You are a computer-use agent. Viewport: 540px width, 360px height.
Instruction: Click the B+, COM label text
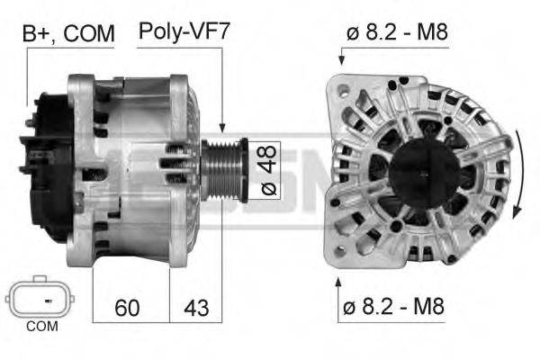(x=68, y=33)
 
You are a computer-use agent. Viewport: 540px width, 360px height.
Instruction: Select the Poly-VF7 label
(x=184, y=33)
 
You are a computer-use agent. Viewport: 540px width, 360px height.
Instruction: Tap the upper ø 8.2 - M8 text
(x=396, y=33)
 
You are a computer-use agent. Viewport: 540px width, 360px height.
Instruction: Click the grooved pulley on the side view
(x=221, y=169)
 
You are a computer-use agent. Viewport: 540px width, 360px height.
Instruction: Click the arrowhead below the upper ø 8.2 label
(x=342, y=60)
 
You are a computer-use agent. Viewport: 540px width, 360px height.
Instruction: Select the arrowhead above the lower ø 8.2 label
(x=339, y=282)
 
